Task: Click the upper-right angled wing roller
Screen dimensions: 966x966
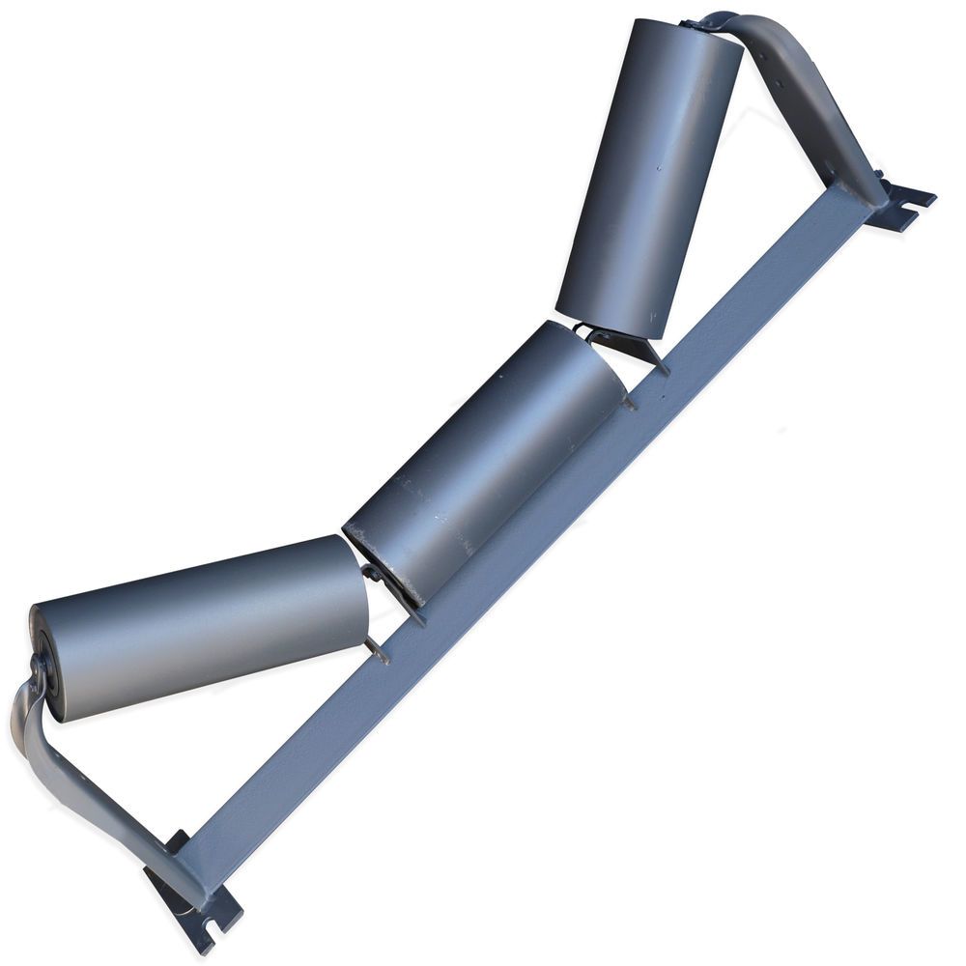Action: coord(649,179)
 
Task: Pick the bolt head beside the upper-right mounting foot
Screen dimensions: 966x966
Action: coord(879,176)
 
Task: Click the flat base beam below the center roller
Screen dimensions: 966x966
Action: coord(541,522)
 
